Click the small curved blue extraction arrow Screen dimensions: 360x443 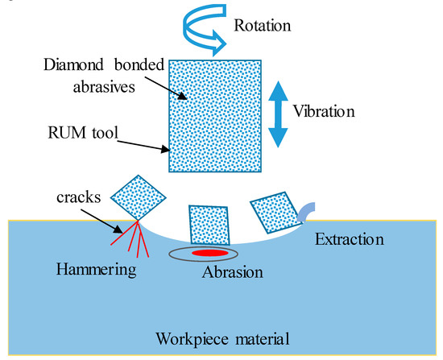[309, 209]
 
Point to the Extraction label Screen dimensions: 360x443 [348, 240]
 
